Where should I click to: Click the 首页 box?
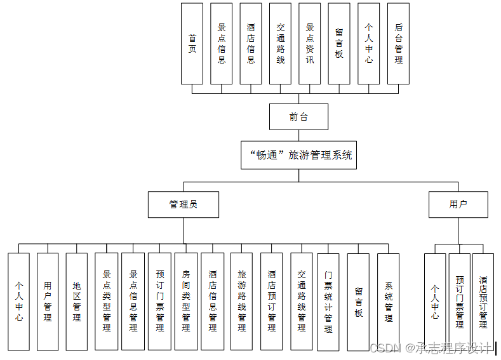[x=192, y=44]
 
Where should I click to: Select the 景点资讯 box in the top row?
[x=310, y=44]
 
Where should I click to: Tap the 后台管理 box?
[x=398, y=44]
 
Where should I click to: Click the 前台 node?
[x=298, y=117]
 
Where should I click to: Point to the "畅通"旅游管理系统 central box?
[x=298, y=155]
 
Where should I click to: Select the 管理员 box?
[x=184, y=204]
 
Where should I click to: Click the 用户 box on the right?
[x=458, y=204]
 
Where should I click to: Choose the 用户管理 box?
[x=48, y=302]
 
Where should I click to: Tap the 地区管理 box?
[x=77, y=302]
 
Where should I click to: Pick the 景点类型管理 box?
[x=106, y=302]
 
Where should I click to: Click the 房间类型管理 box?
[x=185, y=302]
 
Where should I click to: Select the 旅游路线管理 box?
[x=241, y=302]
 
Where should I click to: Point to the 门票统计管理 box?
[x=328, y=302]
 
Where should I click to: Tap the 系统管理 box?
[x=388, y=302]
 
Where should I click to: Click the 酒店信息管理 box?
[x=212, y=302]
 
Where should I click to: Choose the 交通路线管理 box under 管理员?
[x=302, y=302]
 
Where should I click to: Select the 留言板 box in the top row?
[x=339, y=44]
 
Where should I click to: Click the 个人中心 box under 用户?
[x=435, y=302]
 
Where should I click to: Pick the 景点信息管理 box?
[x=133, y=302]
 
